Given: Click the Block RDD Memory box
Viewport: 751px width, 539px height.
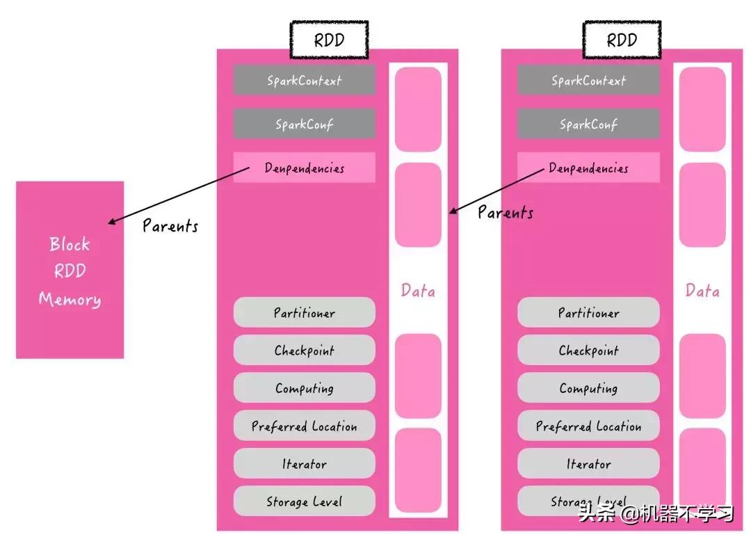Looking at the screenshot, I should point(70,270).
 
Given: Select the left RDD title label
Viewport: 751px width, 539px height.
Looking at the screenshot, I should point(328,40).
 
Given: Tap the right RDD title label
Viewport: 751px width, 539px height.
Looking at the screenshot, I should point(622,40).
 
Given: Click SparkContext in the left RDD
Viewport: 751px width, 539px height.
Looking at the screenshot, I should point(304,80).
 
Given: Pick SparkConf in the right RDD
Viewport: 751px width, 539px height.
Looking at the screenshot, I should point(588,124).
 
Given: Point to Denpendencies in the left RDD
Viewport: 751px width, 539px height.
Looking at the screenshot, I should point(304,168).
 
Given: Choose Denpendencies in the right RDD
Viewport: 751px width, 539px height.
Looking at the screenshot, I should point(588,168).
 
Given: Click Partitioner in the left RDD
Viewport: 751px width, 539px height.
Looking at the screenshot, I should point(304,312).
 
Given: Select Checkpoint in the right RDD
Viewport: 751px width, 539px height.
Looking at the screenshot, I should point(588,351).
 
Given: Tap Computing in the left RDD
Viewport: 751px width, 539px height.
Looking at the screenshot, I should point(304,388).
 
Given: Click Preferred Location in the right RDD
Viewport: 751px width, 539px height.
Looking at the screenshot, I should point(588,426).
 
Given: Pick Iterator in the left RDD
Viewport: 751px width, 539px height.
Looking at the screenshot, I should point(304,464).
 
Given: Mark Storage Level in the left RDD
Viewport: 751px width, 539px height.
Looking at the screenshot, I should point(304,501).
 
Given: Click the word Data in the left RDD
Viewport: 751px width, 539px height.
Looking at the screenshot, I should point(418,291).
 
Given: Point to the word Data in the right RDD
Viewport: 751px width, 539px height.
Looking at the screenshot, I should point(702,291).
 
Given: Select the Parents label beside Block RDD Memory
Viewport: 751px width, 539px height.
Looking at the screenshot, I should point(170,225).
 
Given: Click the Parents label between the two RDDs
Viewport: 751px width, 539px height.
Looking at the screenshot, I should point(506,212).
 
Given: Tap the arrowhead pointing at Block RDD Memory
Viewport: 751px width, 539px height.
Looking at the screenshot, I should point(111,223).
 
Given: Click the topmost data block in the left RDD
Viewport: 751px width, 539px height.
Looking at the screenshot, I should point(418,109).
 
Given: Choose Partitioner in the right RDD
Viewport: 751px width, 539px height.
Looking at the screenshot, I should point(588,312).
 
